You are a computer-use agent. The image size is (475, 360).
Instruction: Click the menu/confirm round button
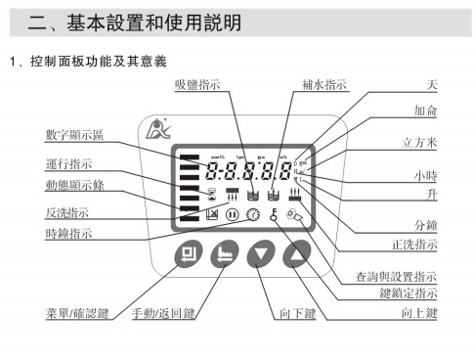[x=189, y=256]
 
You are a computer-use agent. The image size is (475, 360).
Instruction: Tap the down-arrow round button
[x=259, y=256]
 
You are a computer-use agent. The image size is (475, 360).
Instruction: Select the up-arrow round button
[x=294, y=256]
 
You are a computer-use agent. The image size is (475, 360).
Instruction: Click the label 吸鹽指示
[x=198, y=86]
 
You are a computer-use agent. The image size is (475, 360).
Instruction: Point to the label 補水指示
[x=324, y=86]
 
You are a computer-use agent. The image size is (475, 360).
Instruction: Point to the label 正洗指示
[x=413, y=244]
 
